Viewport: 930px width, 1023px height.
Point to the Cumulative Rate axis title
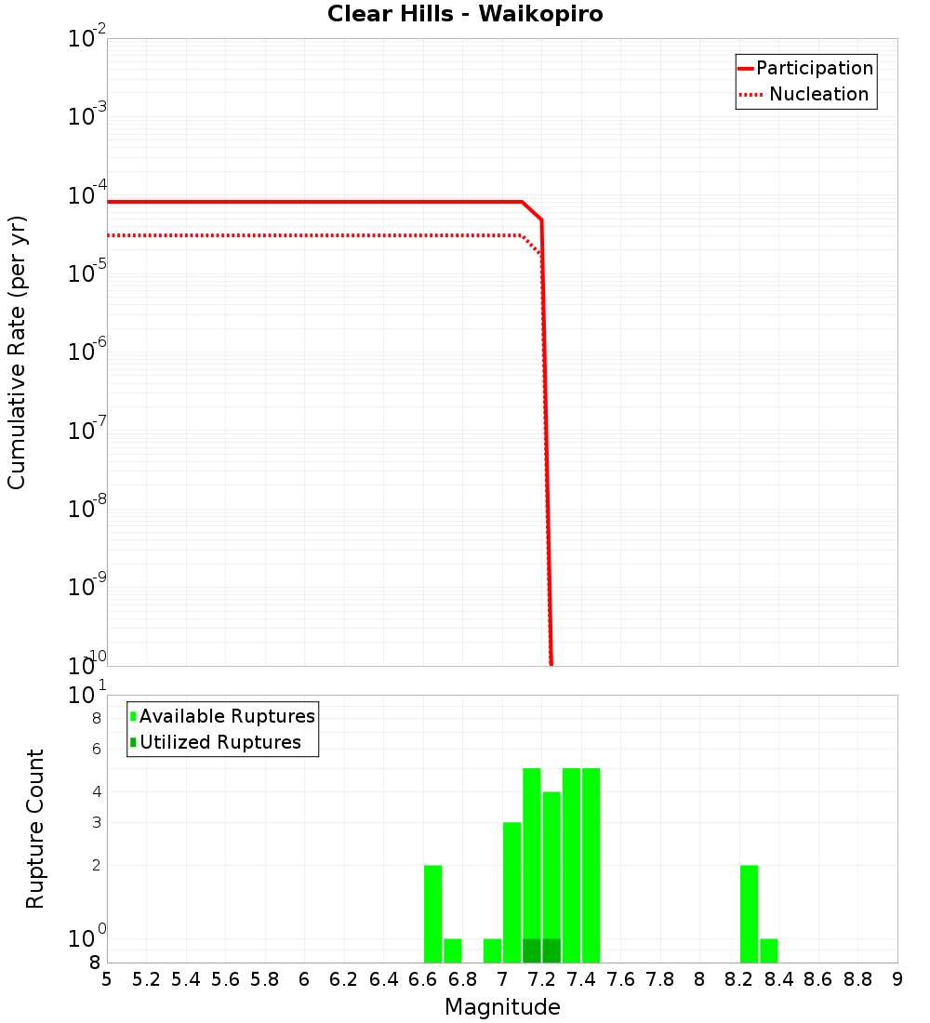click(x=18, y=352)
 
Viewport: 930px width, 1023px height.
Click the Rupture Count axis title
click(x=35, y=829)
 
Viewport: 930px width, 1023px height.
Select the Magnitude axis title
click(x=502, y=1007)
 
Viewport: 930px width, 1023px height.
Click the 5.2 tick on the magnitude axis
click(x=146, y=979)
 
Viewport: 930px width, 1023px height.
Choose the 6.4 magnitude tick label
click(x=383, y=979)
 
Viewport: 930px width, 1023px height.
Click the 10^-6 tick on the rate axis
click(x=87, y=352)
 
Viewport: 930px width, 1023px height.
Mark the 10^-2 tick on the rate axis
click(x=87, y=39)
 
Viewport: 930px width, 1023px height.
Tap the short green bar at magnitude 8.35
click(x=769, y=950)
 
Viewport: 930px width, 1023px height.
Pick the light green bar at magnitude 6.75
click(x=453, y=950)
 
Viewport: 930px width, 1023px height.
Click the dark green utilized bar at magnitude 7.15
click(x=532, y=950)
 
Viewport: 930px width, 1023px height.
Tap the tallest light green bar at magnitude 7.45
click(x=591, y=865)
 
